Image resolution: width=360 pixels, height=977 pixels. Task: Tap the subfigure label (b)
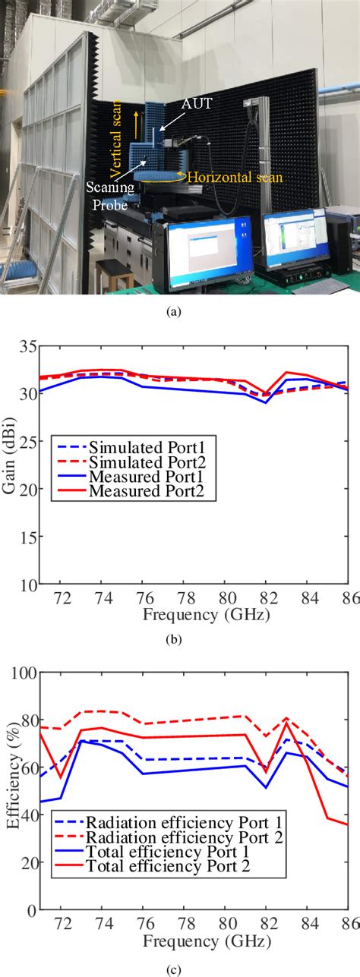(180, 639)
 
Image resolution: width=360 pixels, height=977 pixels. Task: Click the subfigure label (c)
(180, 967)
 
